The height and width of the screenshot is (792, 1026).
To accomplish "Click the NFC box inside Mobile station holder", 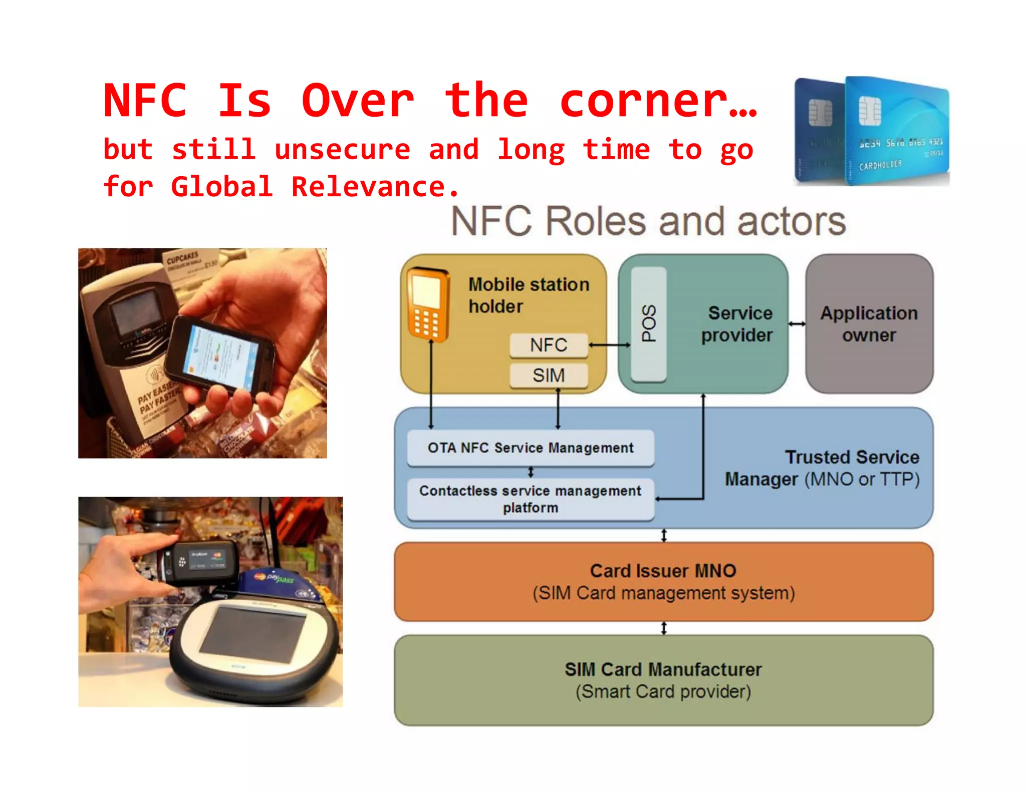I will click(x=549, y=345).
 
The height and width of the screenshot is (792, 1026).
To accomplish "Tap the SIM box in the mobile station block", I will click(x=549, y=375).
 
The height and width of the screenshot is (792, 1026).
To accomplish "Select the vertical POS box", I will click(x=649, y=324).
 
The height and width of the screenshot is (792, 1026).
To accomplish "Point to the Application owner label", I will click(x=869, y=324).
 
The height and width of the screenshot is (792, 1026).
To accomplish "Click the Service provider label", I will click(x=737, y=324).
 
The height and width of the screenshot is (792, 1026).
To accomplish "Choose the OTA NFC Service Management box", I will click(x=531, y=448).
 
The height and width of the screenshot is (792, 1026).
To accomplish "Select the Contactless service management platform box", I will click(x=531, y=499).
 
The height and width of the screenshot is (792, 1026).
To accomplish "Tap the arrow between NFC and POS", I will click(x=609, y=345).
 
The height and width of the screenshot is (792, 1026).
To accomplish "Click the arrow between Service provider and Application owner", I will click(x=797, y=324).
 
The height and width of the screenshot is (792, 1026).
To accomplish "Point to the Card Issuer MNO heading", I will click(x=663, y=571).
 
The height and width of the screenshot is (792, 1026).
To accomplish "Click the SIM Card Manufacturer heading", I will click(x=663, y=669).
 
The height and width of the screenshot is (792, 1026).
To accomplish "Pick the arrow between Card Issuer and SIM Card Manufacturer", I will click(x=664, y=628).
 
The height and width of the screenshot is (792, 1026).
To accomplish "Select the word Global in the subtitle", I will click(x=222, y=187).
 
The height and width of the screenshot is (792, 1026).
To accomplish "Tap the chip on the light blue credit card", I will click(x=870, y=111).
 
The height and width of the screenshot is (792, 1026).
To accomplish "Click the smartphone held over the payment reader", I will click(x=220, y=353).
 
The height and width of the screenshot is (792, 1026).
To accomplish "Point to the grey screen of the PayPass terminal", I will click(x=253, y=633).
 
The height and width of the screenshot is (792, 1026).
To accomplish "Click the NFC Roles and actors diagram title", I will click(x=648, y=221).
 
